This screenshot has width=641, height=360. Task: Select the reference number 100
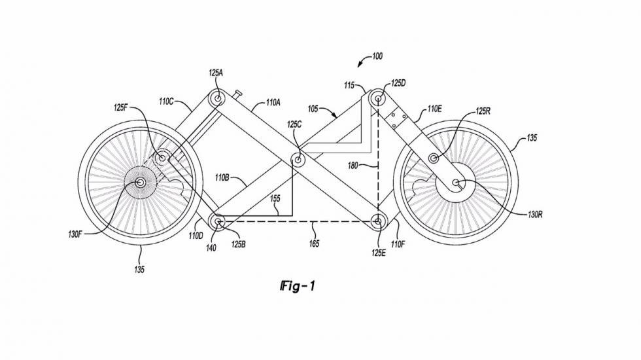(x=377, y=57)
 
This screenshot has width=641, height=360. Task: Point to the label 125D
(x=398, y=84)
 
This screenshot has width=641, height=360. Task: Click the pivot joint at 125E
(x=377, y=222)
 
